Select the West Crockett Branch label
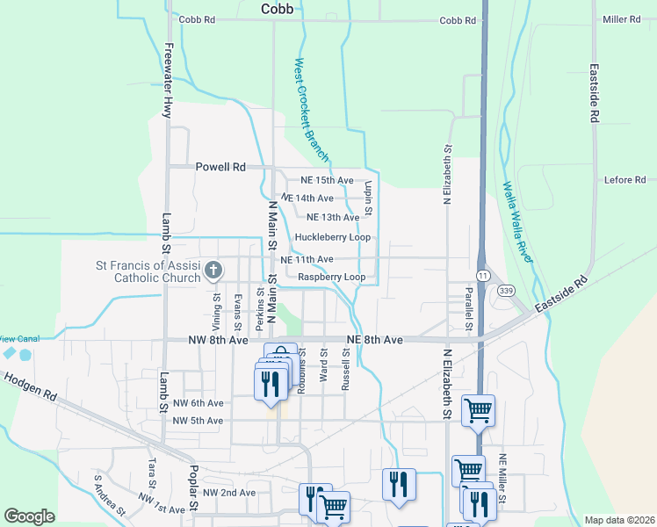pyautogui.click(x=311, y=111)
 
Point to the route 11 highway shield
pyautogui.click(x=483, y=275)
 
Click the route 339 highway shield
pyautogui.click(x=505, y=290)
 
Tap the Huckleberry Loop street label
pyautogui.click(x=332, y=237)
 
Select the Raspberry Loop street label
pyautogui.click(x=331, y=277)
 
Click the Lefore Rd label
pyautogui.click(x=625, y=180)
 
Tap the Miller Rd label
pyautogui.click(x=621, y=19)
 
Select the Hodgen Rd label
pyautogui.click(x=30, y=386)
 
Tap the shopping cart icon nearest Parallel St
pyautogui.click(x=478, y=408)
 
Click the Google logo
pyautogui.click(x=29, y=516)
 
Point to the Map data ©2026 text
pyautogui.click(x=619, y=520)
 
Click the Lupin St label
pyautogui.click(x=370, y=199)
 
